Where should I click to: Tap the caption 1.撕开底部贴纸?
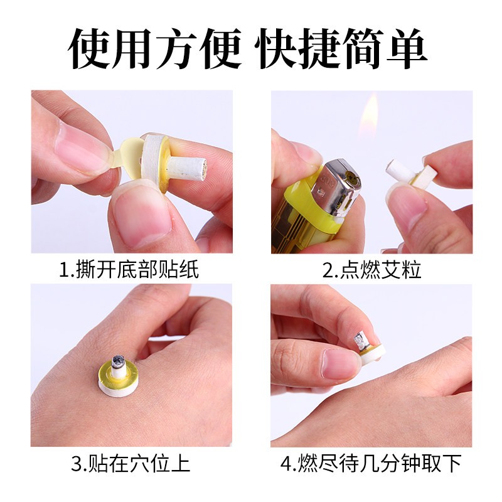[x=129, y=270]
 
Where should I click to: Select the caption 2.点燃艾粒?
[x=371, y=270]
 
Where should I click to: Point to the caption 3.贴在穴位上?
[x=131, y=464]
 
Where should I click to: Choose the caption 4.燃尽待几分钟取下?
[x=371, y=464]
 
